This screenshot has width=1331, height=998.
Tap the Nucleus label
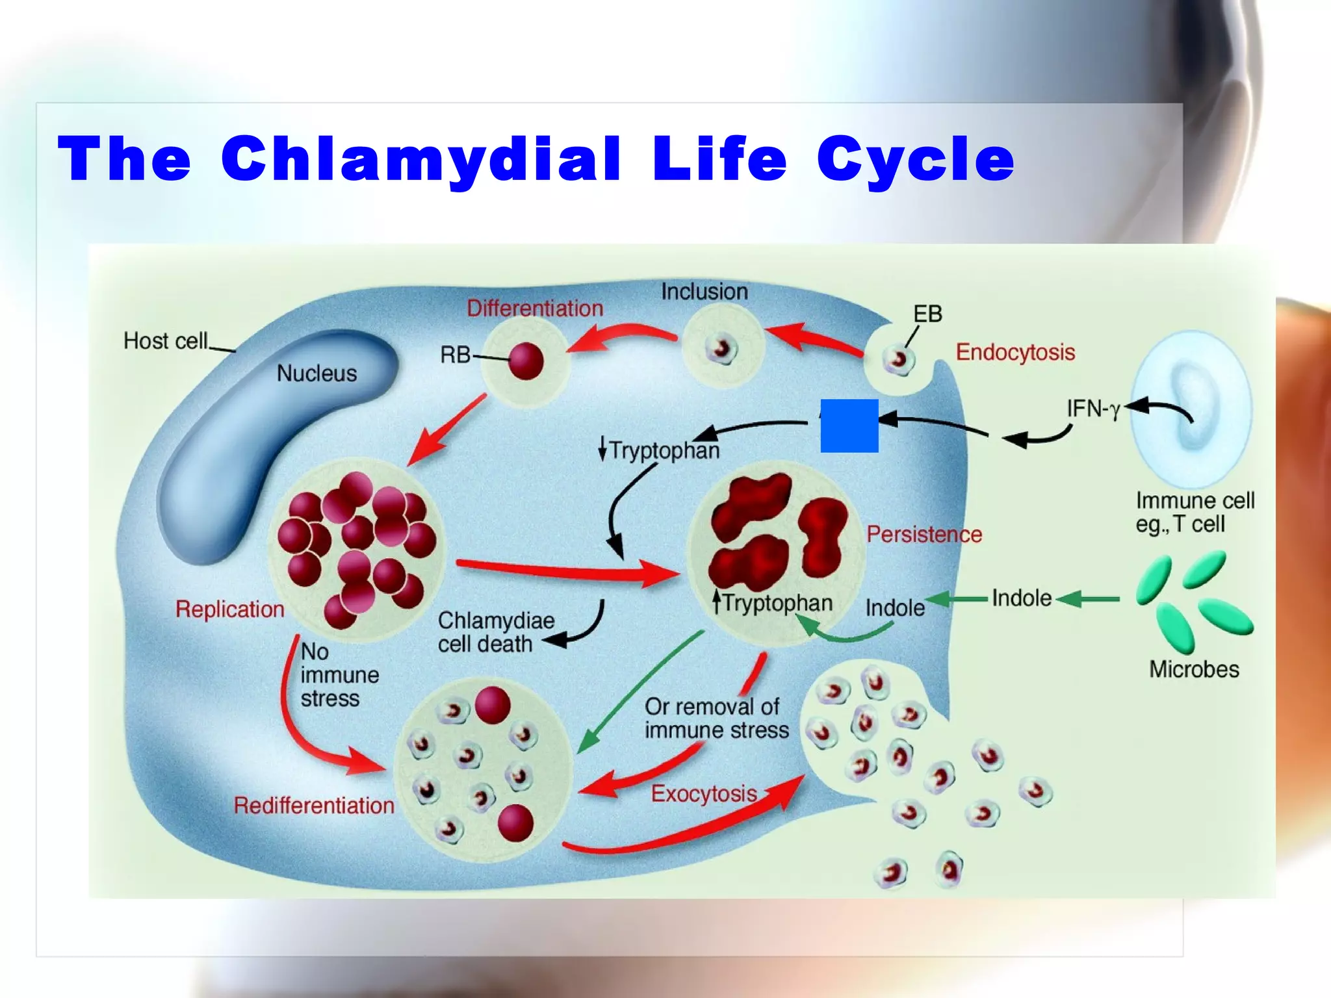(x=317, y=374)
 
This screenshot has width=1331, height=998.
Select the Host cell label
(x=166, y=341)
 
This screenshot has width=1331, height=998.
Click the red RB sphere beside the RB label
(x=526, y=361)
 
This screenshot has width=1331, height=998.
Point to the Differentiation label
(x=535, y=309)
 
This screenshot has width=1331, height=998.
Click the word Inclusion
(x=704, y=292)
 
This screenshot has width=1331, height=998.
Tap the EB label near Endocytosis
(x=927, y=314)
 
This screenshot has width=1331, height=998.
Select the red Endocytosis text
(x=1015, y=352)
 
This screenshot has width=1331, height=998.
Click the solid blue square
(x=849, y=426)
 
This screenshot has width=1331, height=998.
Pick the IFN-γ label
(x=1094, y=409)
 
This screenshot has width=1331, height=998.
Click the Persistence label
(x=924, y=535)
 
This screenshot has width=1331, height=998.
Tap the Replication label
(x=230, y=609)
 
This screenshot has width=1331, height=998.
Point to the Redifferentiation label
(x=314, y=806)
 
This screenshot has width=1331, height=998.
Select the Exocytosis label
(x=704, y=794)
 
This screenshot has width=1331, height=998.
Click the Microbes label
(x=1194, y=669)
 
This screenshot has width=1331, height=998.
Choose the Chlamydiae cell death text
(x=495, y=632)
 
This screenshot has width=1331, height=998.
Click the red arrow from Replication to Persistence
(x=565, y=570)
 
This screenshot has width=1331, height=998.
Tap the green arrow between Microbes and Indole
(x=1088, y=599)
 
